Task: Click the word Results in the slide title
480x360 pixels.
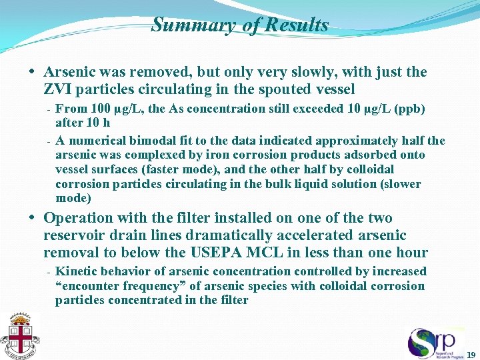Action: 297,25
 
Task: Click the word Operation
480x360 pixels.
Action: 79,218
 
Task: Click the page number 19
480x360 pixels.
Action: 471,354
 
